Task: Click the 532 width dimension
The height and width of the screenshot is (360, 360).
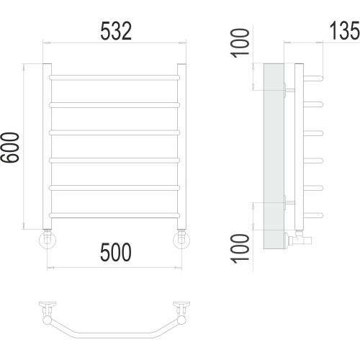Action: [x=114, y=31]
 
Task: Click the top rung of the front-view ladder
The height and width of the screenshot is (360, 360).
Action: [x=114, y=74]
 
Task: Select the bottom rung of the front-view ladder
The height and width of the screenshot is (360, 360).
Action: [x=114, y=215]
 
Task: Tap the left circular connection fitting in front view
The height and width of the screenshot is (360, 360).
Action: [x=48, y=239]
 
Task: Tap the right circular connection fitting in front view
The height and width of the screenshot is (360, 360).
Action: [x=181, y=239]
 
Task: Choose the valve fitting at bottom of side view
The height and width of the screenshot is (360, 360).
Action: [x=301, y=238]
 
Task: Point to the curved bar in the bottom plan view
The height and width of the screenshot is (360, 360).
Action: [x=115, y=336]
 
